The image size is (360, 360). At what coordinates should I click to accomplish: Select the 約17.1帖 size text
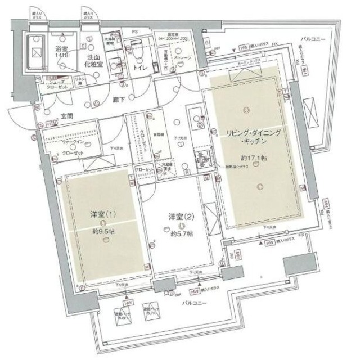pos(253,158)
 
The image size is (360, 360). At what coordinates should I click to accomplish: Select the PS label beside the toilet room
pos(135,31)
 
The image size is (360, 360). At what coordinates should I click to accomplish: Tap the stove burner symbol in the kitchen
pos(201,159)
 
